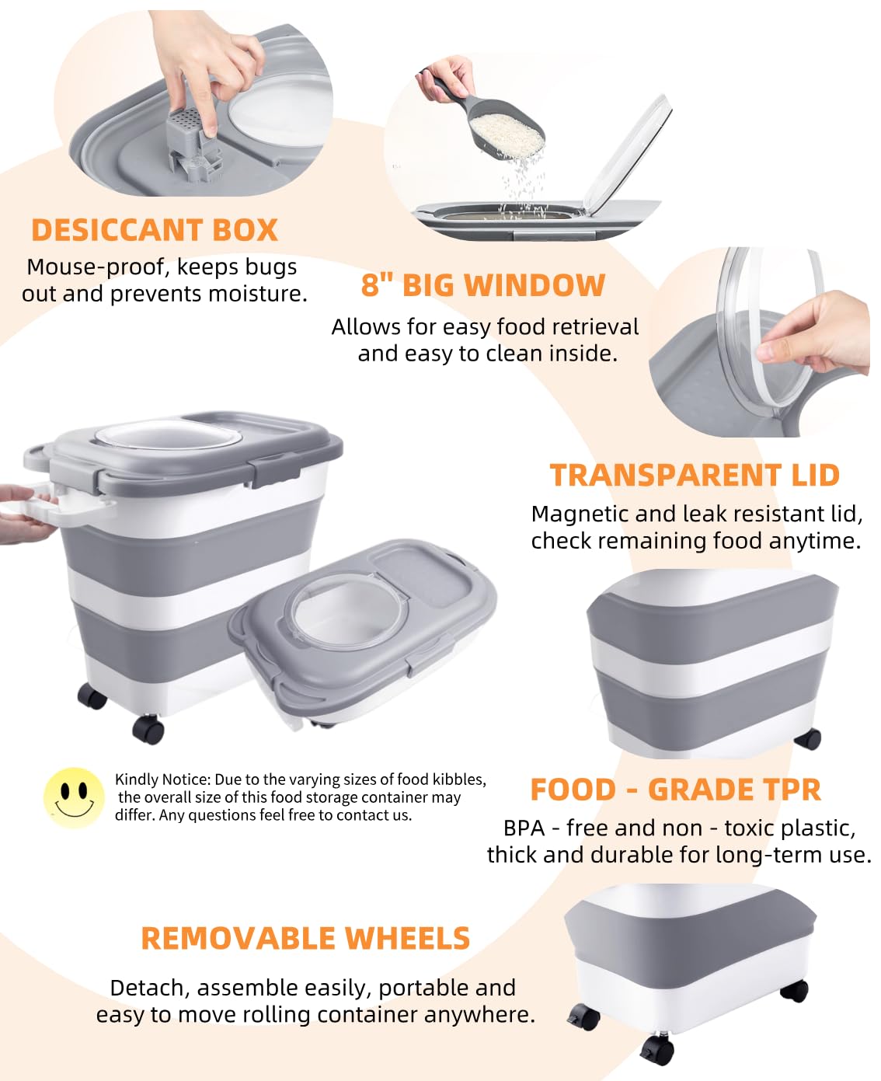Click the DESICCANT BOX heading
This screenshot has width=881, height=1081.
(154, 230)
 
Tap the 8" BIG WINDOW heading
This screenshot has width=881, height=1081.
(482, 285)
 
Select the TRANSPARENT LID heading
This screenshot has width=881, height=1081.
(695, 475)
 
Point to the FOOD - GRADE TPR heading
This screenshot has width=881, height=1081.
(675, 790)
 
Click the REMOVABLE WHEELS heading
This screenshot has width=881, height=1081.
(305, 938)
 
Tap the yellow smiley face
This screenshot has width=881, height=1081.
(74, 797)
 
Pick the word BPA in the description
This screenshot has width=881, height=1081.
(524, 828)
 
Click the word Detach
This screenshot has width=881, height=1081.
(148, 988)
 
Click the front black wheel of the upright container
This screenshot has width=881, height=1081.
(148, 730)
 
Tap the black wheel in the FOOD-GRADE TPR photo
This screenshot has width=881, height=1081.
(810, 739)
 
